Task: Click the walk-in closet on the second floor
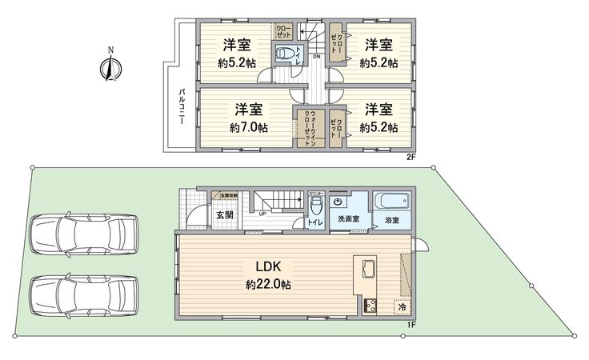[x=308, y=127]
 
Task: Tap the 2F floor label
[x=411, y=158]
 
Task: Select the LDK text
[x=266, y=266]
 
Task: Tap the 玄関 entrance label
[x=224, y=214]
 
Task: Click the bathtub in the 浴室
[x=392, y=202]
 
